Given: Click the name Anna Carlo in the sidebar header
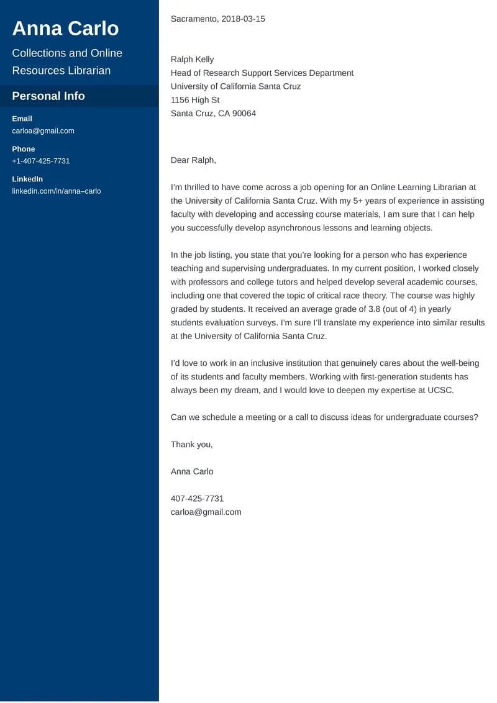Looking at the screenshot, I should point(65,29).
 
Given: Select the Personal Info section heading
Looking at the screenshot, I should point(48,96).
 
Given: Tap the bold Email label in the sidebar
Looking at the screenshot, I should point(22,119).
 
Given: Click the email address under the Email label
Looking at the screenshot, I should point(43,131).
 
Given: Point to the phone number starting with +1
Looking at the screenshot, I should point(41,161).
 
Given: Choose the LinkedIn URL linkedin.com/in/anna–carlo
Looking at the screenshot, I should point(56,191).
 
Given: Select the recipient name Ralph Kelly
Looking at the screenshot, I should point(192,60).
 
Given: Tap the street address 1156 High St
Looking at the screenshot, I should point(195,100).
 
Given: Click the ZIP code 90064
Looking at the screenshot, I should point(243,114).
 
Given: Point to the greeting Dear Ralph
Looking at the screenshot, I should point(193,160).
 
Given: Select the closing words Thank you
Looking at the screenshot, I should point(191,445).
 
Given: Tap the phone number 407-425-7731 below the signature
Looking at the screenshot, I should point(197,499).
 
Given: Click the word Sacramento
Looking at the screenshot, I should point(193,19).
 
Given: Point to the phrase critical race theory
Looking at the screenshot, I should point(350,296).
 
